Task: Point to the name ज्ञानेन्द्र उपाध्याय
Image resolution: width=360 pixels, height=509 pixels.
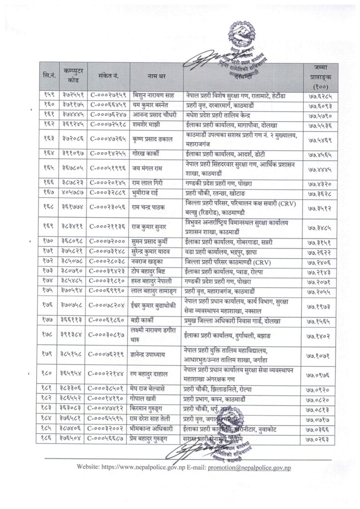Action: (152, 353)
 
